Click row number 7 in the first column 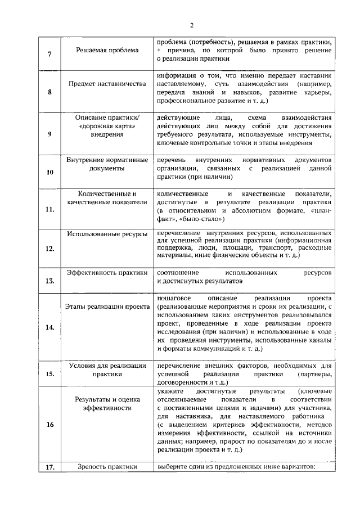[x=50, y=54]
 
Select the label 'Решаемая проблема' [x=107, y=50]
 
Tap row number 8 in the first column [x=50, y=92]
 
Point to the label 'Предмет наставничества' [x=107, y=83]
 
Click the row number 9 [x=50, y=134]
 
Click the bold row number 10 [x=50, y=172]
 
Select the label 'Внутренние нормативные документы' [x=107, y=164]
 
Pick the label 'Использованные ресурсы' [x=107, y=233]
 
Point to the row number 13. [x=50, y=281]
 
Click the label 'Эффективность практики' [x=107, y=272]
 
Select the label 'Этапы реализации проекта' [x=107, y=307]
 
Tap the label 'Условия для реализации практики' [x=107, y=369]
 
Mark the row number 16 [x=50, y=425]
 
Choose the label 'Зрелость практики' [x=107, y=466]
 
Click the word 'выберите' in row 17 [x=173, y=466]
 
